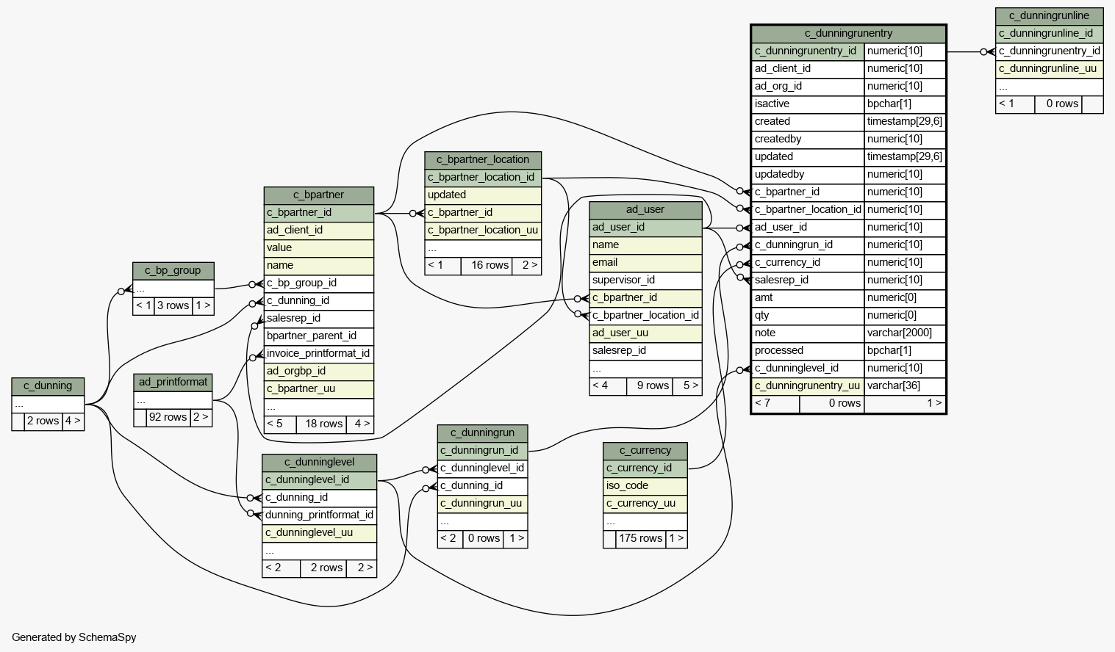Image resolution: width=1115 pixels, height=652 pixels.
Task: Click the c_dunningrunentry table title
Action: click(848, 33)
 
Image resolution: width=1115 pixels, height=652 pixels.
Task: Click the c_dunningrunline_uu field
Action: click(1049, 68)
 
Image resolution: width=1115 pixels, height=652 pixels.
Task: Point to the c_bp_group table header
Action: click(173, 270)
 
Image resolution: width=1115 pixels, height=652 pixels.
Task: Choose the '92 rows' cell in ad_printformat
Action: click(168, 417)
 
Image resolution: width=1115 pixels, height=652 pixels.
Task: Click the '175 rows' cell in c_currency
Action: click(641, 539)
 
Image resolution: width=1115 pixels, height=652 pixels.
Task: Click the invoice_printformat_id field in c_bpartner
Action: click(318, 354)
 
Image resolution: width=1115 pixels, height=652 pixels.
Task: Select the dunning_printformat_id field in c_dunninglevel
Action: click(319, 515)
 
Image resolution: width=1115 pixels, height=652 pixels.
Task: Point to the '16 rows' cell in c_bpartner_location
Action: click(490, 265)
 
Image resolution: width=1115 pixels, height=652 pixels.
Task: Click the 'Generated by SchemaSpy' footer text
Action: click(74, 637)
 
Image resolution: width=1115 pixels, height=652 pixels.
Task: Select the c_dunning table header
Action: click(48, 386)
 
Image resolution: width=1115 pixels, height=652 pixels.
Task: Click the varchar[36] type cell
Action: click(894, 385)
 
